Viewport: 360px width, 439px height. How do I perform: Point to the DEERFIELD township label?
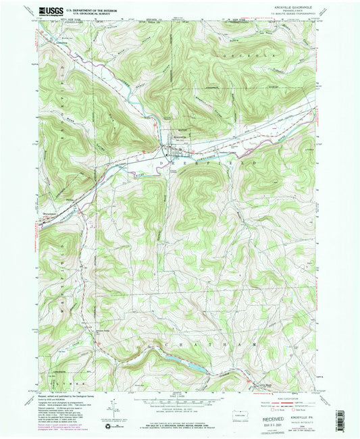pyautogui.click(x=207, y=163)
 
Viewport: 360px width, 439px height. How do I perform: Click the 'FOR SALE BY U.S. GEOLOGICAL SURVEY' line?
pyautogui.click(x=179, y=425)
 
